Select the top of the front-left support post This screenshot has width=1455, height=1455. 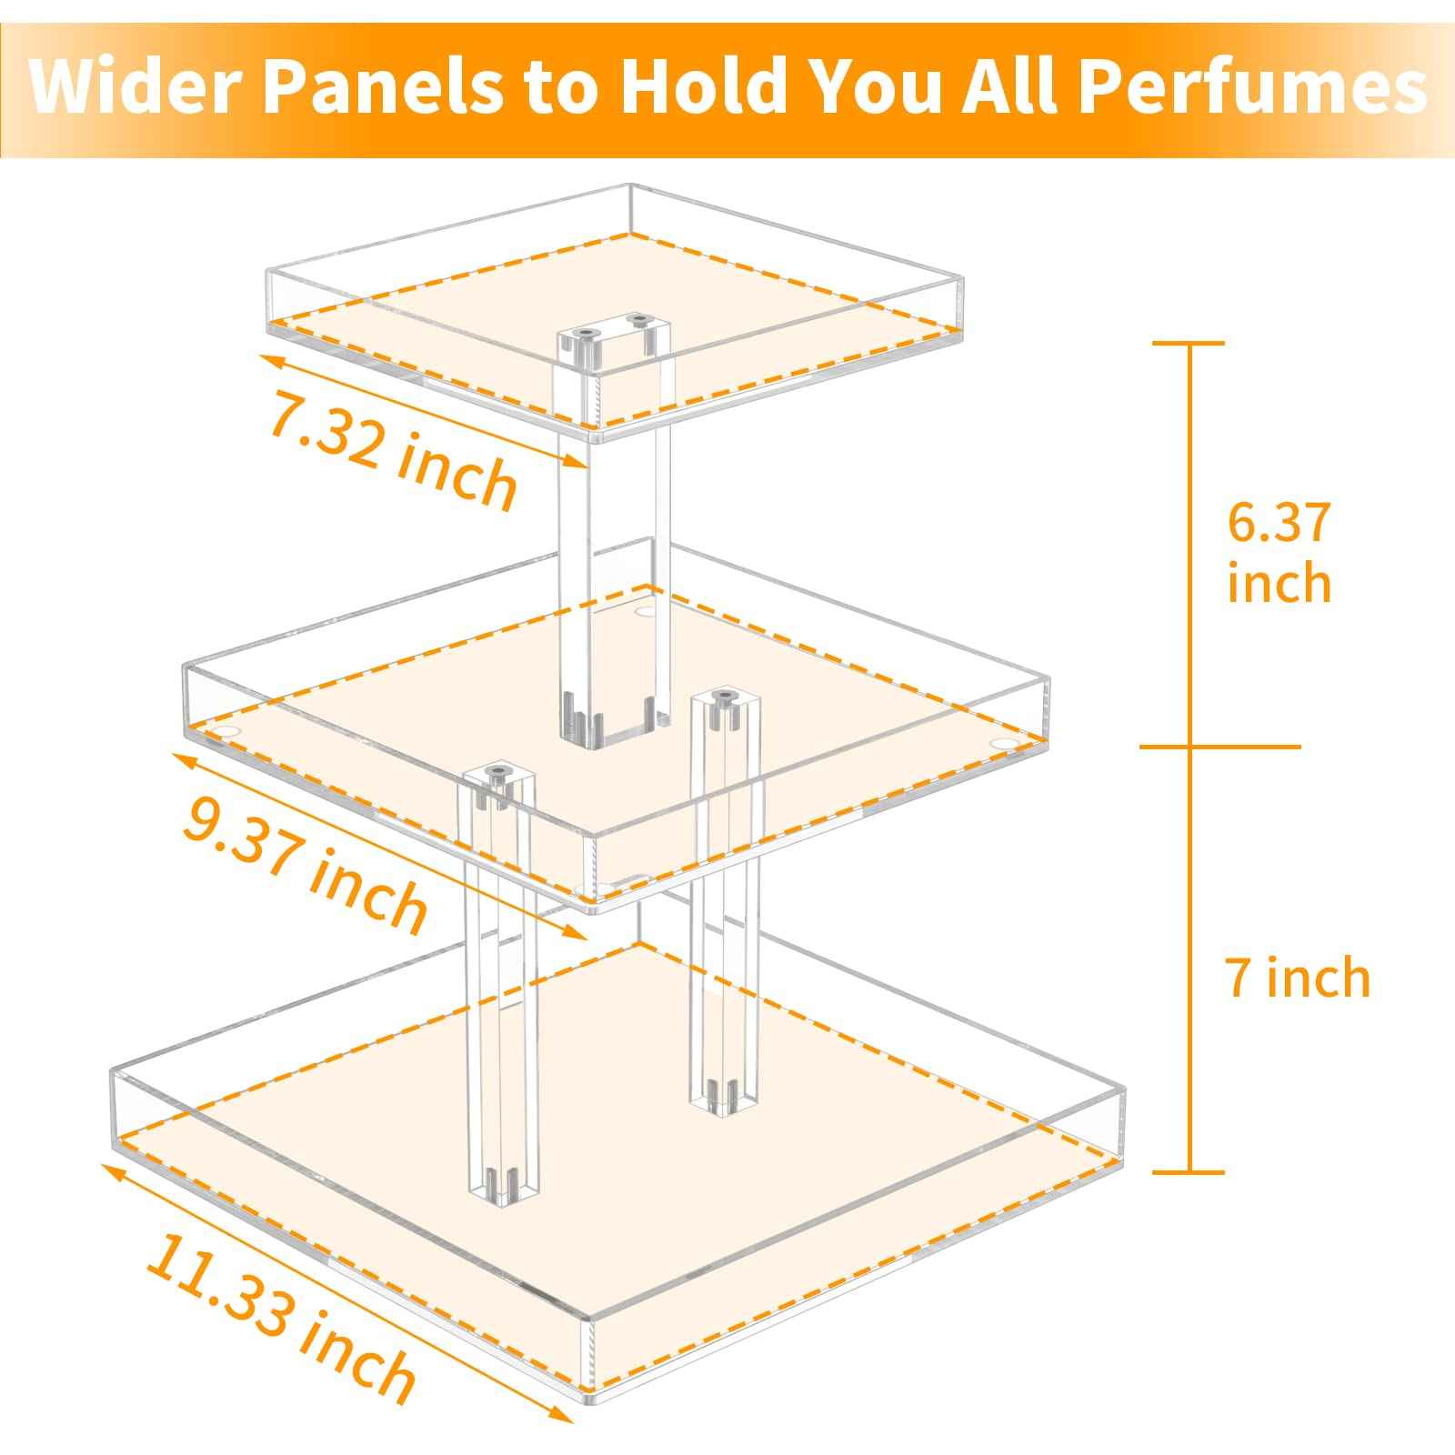coord(497,778)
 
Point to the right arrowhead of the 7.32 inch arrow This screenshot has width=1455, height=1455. coord(582,464)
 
